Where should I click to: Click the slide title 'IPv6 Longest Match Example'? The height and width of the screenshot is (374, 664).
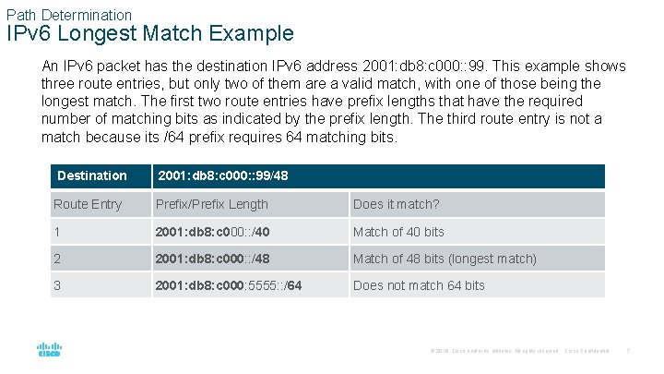point(150,34)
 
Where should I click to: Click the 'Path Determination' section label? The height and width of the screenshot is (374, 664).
point(69,15)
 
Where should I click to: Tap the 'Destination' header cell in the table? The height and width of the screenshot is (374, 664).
point(92,175)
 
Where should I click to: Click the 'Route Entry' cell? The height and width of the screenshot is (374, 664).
point(88,204)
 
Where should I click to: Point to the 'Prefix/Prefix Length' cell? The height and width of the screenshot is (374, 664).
point(213,204)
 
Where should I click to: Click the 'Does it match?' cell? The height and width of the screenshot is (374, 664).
point(397,204)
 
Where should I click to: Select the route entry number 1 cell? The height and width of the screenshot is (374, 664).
point(57,231)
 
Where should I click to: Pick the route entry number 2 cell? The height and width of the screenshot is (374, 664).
point(57,259)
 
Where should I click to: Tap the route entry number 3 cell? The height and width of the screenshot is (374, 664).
point(57,285)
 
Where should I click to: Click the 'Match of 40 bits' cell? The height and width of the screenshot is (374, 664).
point(398,231)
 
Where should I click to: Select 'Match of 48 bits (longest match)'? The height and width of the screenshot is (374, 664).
point(445,259)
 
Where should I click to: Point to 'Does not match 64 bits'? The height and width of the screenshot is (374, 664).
point(419,285)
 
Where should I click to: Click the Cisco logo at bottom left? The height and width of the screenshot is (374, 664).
point(49,350)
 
